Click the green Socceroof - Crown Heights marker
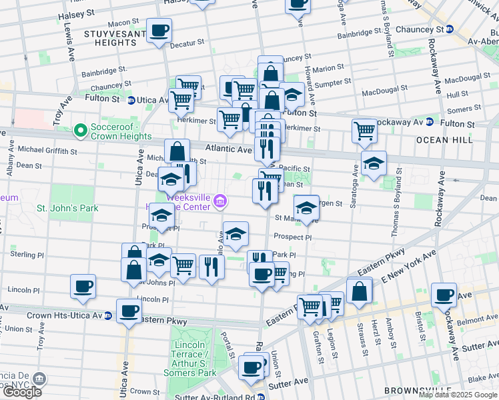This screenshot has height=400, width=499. [x=81, y=130]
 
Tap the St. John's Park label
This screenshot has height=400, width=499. [x=67, y=208]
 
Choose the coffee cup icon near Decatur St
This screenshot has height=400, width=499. [x=159, y=31]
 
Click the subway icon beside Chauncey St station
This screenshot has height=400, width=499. [x=450, y=29]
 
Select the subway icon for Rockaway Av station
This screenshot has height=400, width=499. [x=431, y=123]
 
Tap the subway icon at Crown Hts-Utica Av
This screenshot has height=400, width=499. [x=108, y=315]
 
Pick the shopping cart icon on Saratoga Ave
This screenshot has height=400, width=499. [x=364, y=129]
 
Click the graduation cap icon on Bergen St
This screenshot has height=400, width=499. [x=306, y=207]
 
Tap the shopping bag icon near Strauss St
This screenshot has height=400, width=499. [x=359, y=291]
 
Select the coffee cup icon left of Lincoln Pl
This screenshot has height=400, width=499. [x=83, y=287]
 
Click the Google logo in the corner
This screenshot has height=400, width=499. [x=21, y=391]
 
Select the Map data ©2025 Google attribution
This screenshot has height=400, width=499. [x=458, y=395]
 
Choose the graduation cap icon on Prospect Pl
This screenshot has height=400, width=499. [x=235, y=234]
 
